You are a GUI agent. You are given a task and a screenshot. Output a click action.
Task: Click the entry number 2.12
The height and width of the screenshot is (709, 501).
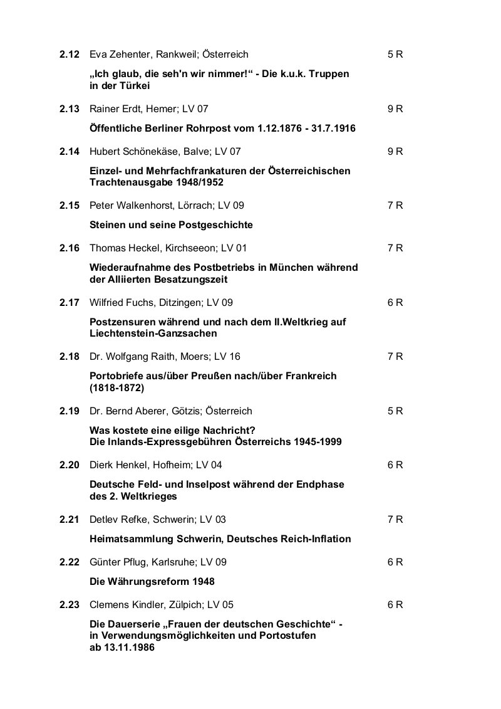click(x=70, y=55)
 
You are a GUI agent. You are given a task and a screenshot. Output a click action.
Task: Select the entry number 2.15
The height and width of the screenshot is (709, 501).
click(x=70, y=206)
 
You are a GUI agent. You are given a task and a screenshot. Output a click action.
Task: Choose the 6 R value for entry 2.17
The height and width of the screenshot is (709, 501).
click(x=395, y=302)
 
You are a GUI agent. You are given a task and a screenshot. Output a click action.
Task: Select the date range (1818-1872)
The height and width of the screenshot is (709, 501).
click(x=117, y=388)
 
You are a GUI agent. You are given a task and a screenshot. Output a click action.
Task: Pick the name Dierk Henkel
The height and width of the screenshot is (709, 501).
click(x=118, y=465)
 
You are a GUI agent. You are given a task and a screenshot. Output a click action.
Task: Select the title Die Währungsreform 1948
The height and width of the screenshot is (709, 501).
click(x=152, y=581)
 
